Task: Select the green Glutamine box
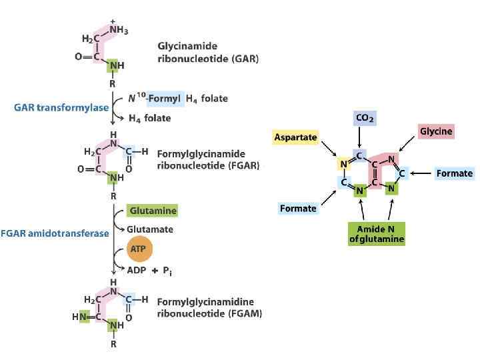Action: pyautogui.click(x=153, y=211)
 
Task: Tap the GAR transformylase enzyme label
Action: pyautogui.click(x=61, y=107)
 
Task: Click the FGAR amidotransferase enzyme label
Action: pyautogui.click(x=55, y=233)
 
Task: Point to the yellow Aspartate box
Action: pyautogui.click(x=295, y=137)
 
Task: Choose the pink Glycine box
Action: pyautogui.click(x=435, y=131)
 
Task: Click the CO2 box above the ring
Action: pyautogui.click(x=365, y=119)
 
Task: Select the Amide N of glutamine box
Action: pyautogui.click(x=377, y=234)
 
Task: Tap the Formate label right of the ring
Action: pyautogui.click(x=454, y=173)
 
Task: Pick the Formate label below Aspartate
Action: pyautogui.click(x=298, y=209)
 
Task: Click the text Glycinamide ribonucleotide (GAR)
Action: pyautogui.click(x=207, y=53)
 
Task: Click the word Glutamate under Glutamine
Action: pyautogui.click(x=150, y=229)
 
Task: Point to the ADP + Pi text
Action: pyautogui.click(x=154, y=270)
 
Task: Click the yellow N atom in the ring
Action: pyautogui.click(x=342, y=165)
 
